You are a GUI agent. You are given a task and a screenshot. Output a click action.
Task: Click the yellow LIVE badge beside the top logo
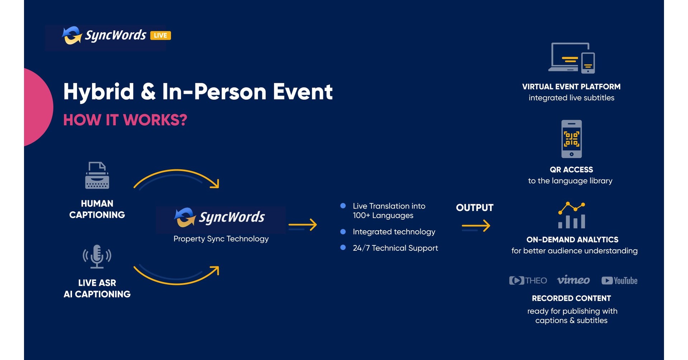[160, 35]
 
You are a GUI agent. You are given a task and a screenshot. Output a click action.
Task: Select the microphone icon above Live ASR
[97, 256]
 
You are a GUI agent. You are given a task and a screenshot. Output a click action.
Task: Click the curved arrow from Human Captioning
[177, 178]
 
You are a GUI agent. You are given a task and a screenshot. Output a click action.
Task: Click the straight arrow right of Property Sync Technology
[303, 225]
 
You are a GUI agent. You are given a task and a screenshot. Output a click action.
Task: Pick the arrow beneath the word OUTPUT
[476, 226]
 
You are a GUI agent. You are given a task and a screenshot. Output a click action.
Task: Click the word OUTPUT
[474, 208]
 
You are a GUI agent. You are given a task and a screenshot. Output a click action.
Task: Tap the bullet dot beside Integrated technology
[343, 232]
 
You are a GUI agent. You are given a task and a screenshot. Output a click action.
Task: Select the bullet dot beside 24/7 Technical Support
[343, 248]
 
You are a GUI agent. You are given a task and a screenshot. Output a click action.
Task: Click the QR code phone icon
[572, 139]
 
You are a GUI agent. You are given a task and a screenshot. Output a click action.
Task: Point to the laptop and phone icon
[572, 58]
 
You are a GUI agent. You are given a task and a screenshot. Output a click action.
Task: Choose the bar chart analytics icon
[572, 215]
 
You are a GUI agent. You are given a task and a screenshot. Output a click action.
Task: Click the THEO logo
[528, 280]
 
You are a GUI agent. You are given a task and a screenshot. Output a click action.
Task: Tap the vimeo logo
[573, 280]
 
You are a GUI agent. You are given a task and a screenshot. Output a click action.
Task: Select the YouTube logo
[619, 280]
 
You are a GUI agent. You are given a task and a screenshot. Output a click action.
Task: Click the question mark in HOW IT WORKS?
[183, 120]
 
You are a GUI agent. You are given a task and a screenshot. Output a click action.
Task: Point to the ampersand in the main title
[148, 92]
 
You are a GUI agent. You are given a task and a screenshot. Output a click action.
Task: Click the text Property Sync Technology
[221, 239]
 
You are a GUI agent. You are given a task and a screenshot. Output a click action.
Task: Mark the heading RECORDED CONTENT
[571, 298]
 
